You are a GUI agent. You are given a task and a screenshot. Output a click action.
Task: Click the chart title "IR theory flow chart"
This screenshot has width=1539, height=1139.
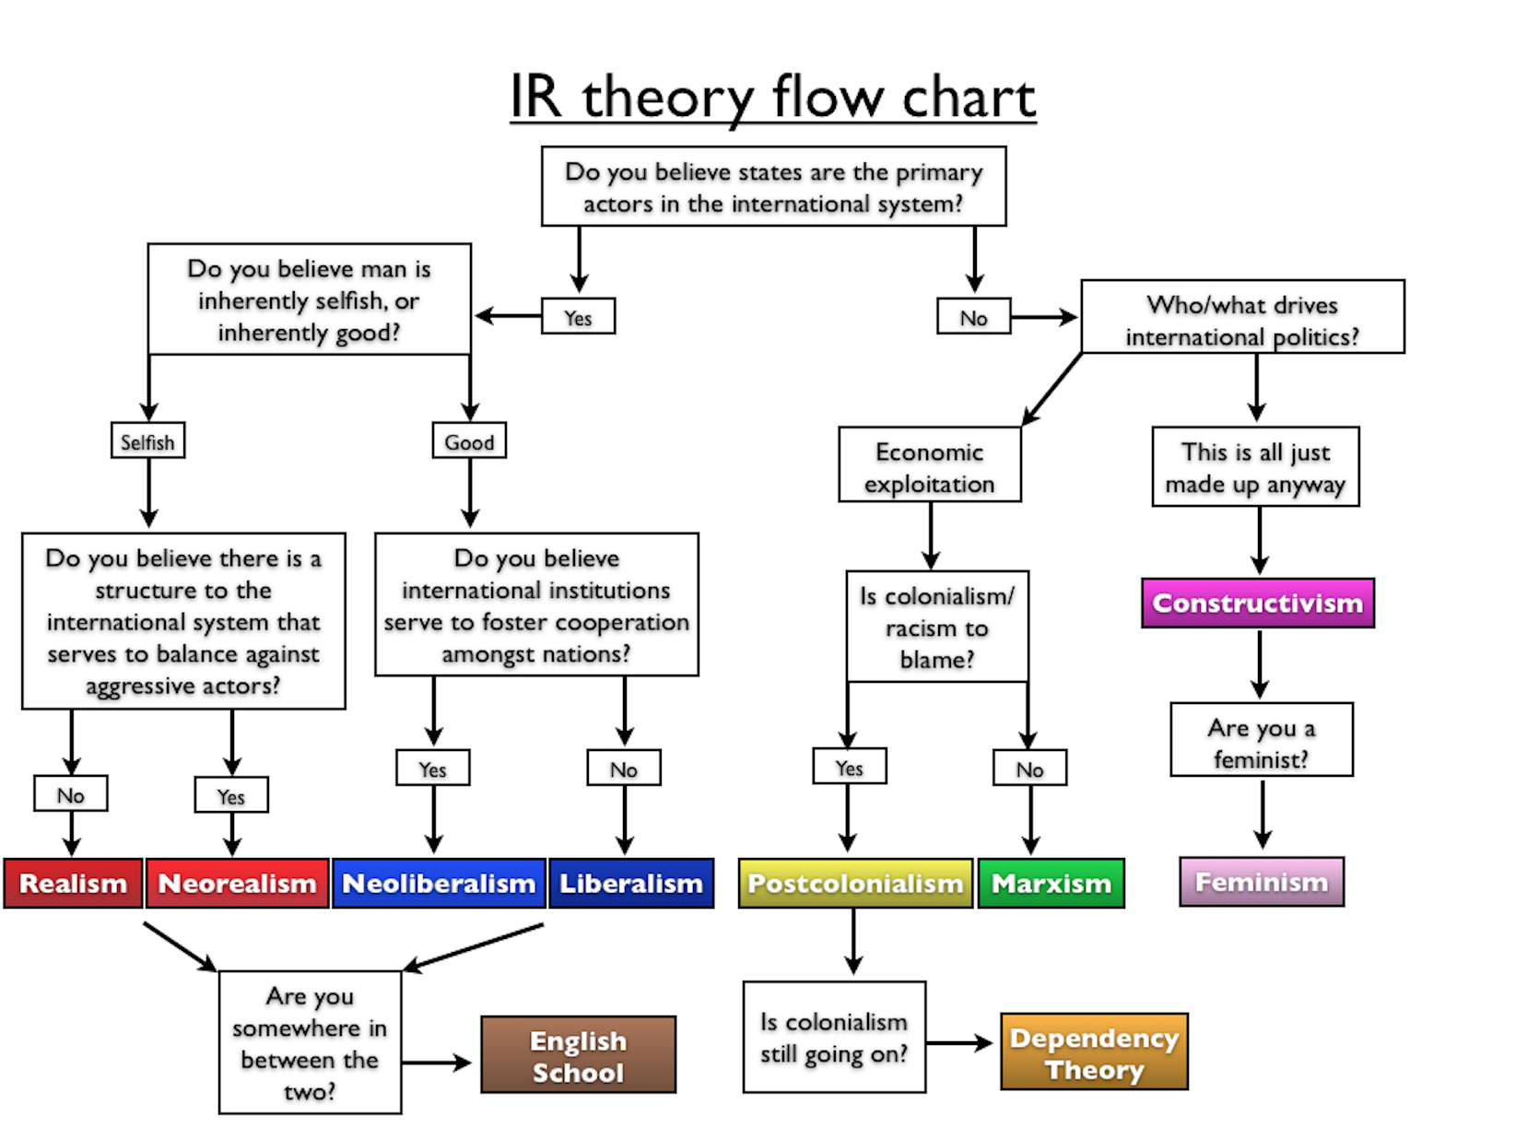tap(773, 97)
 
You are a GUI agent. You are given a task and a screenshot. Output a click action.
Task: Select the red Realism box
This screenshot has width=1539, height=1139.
tap(73, 883)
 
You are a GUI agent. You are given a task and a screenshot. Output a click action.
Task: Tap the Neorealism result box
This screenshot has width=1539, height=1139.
tap(237, 883)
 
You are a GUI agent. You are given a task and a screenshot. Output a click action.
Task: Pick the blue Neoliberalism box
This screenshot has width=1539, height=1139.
tap(439, 883)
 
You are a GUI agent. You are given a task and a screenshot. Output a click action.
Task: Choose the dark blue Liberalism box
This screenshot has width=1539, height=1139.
tap(631, 883)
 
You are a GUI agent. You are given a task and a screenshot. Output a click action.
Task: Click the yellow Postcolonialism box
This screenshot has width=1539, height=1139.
tap(855, 883)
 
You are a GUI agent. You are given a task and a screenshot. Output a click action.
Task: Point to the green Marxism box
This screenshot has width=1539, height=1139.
tap(1051, 883)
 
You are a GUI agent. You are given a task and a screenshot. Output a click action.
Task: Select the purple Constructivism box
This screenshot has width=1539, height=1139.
tap(1258, 604)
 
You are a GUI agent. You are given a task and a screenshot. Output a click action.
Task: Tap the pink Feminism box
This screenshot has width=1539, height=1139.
tap(1262, 882)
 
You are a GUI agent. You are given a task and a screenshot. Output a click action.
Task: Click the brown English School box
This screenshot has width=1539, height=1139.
tap(579, 1055)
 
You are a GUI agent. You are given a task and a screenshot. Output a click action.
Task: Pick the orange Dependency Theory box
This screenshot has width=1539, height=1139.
tap(1095, 1052)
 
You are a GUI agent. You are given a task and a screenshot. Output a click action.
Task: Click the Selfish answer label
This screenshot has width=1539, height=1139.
tap(147, 441)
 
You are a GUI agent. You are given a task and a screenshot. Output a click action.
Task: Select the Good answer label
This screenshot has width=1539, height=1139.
tap(469, 441)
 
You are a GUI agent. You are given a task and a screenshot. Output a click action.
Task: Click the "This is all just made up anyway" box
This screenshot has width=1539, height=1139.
tap(1255, 466)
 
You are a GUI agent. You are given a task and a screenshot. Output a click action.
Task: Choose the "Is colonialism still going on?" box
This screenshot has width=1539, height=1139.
tap(834, 1037)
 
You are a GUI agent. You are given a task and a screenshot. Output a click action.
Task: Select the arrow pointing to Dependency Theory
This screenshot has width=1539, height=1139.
tap(961, 1043)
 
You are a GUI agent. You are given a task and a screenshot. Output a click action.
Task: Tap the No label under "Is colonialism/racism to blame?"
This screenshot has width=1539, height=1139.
tap(1029, 769)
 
